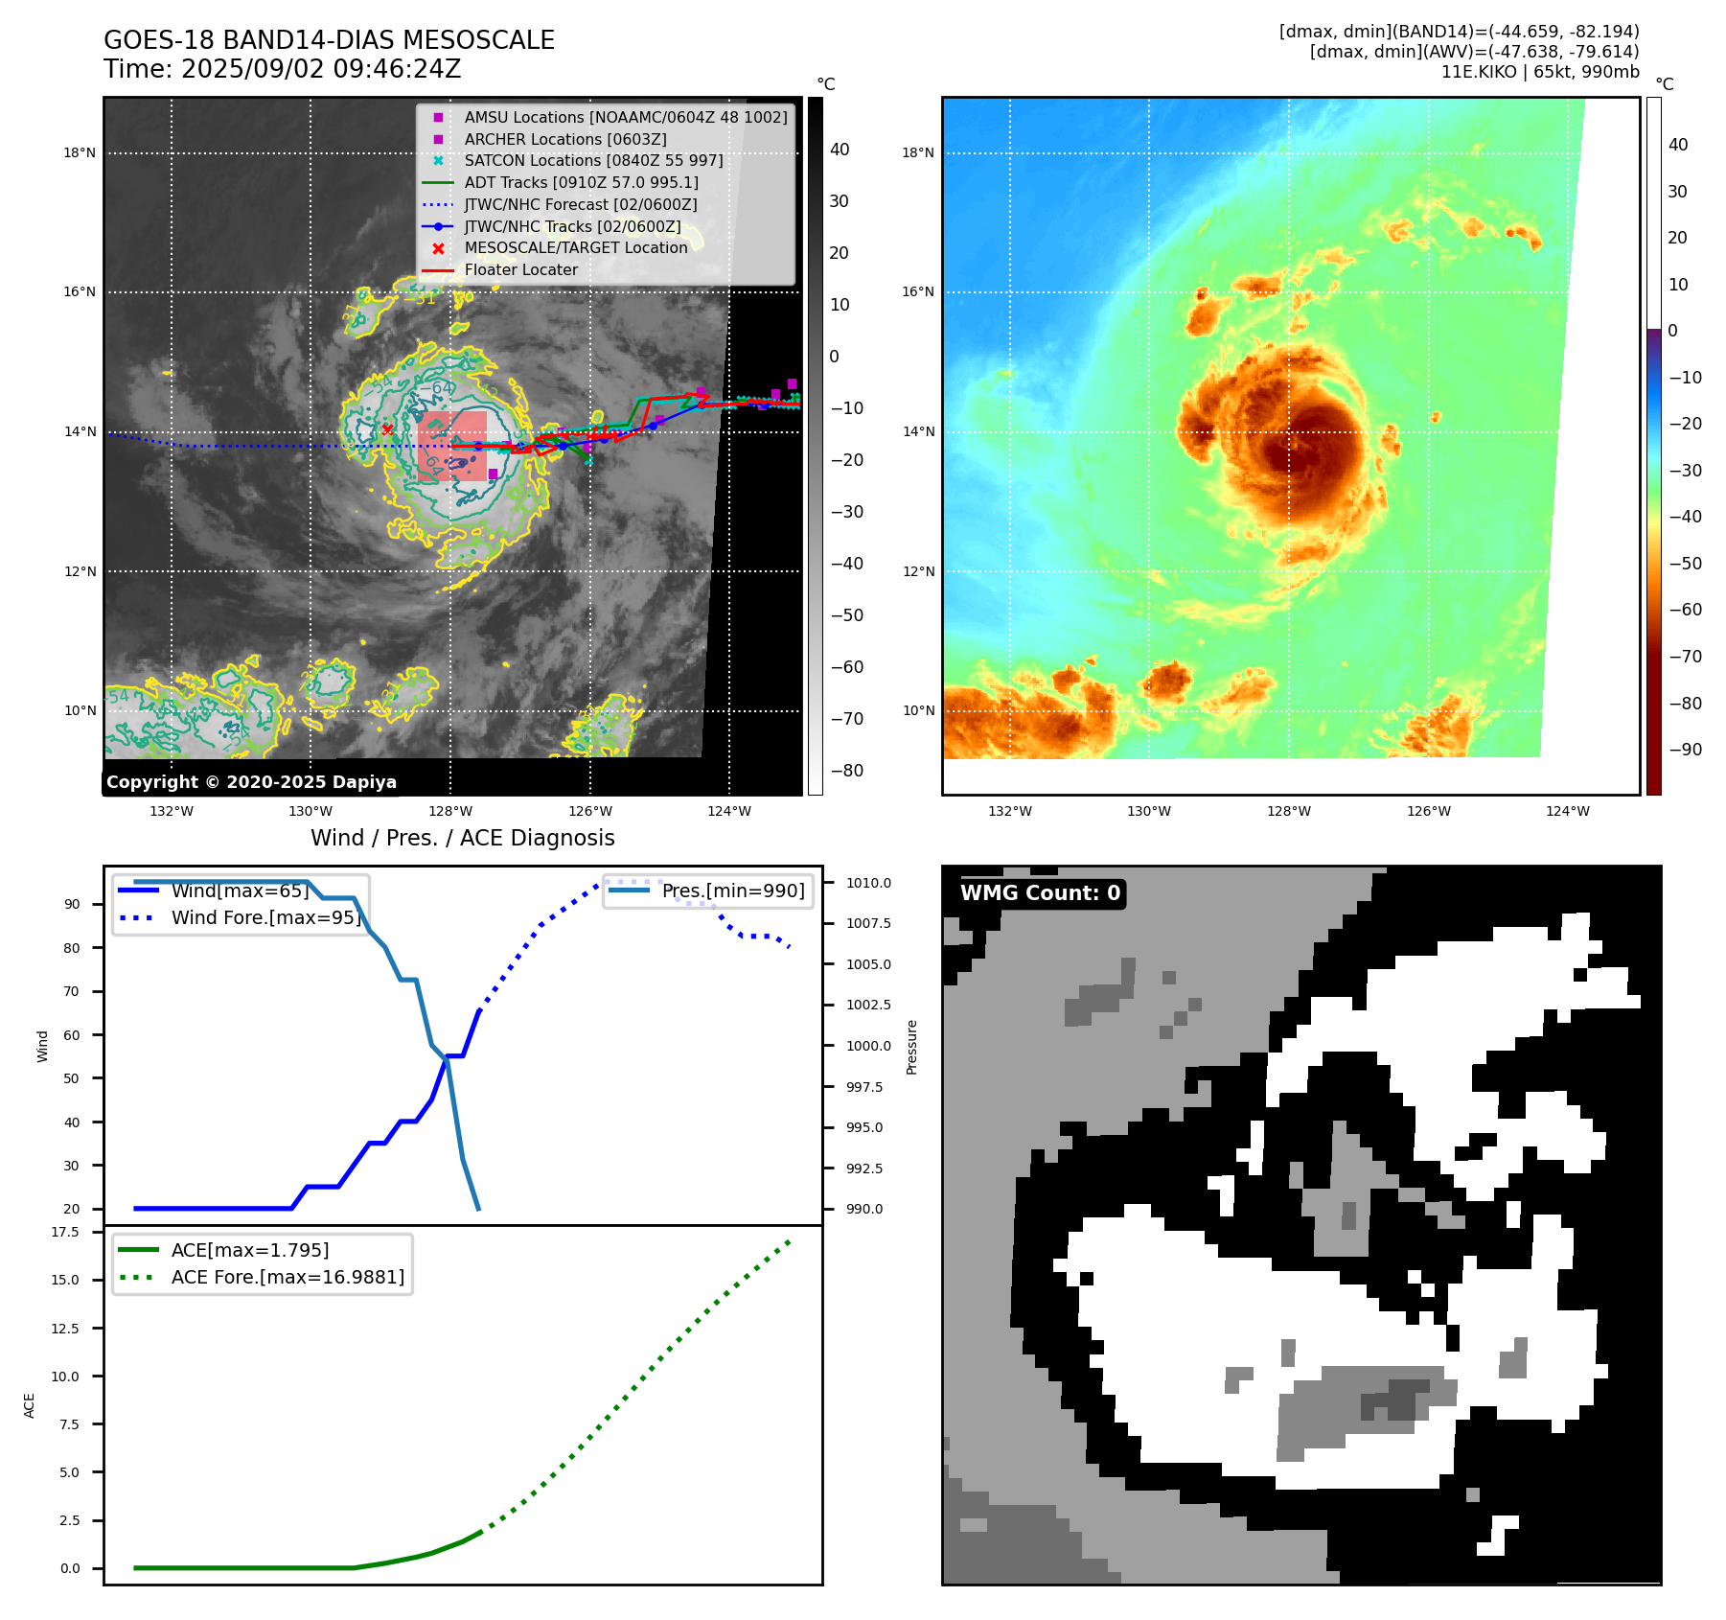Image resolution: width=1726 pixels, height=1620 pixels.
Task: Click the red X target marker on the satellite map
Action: (x=387, y=429)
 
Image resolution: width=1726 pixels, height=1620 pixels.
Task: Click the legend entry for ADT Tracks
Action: (x=581, y=182)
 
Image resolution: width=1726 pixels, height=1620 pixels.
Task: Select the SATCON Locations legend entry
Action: (x=593, y=160)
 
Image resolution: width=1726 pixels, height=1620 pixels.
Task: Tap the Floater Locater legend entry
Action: (x=520, y=269)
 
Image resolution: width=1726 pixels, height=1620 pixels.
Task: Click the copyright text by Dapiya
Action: (x=251, y=782)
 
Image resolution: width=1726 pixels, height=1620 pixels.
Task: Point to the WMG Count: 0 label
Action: (x=1040, y=893)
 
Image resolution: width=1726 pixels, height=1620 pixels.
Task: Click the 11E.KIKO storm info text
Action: (x=1539, y=72)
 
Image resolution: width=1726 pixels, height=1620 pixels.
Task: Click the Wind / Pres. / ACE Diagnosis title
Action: (x=462, y=838)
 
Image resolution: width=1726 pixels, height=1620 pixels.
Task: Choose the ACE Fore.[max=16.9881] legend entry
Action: (x=288, y=1277)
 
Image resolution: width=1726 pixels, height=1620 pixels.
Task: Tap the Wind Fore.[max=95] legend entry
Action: (x=265, y=917)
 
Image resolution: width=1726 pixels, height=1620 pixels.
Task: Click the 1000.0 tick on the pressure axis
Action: (x=868, y=1046)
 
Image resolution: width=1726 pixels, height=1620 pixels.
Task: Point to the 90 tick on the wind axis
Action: (x=72, y=904)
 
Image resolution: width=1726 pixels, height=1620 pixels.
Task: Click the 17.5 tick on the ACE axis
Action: (x=65, y=1232)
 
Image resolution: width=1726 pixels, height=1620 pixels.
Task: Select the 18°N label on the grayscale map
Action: (x=80, y=152)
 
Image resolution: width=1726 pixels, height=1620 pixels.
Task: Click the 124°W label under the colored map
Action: (x=1567, y=811)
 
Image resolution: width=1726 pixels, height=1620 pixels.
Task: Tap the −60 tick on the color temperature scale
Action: (x=1685, y=610)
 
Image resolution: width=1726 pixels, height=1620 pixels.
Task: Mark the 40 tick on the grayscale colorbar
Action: (x=840, y=150)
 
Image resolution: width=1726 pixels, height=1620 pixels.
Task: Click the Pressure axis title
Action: (x=911, y=1047)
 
